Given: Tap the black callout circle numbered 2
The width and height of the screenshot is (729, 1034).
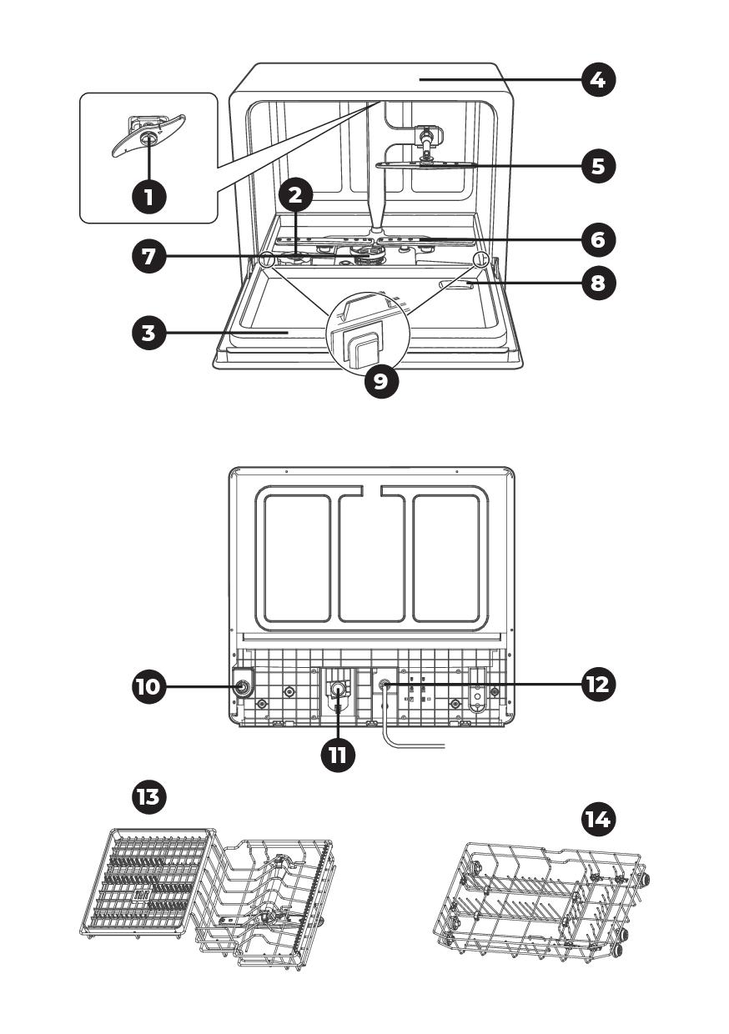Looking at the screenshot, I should (x=295, y=197).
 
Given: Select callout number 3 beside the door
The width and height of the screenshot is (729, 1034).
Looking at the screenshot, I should (x=149, y=334).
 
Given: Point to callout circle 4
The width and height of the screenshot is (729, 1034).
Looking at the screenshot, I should (x=598, y=81).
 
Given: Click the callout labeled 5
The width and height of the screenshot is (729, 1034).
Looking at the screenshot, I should (x=598, y=165).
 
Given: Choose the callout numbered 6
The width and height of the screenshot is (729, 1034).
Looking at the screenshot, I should (x=598, y=240).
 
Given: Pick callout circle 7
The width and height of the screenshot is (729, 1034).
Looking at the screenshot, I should (x=149, y=256).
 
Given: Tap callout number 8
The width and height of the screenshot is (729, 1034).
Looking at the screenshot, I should (x=598, y=284).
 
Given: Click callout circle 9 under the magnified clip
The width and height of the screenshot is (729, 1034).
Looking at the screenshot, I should (x=381, y=381).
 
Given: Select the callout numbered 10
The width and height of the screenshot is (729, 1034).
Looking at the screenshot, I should (x=149, y=686).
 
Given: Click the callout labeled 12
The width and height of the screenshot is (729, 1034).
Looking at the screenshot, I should (x=598, y=685).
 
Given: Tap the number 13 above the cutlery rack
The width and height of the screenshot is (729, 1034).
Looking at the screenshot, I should (x=149, y=796).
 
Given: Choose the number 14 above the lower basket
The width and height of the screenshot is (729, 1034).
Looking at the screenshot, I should (x=596, y=820).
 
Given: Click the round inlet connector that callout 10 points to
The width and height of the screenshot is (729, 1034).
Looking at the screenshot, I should (x=243, y=687).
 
